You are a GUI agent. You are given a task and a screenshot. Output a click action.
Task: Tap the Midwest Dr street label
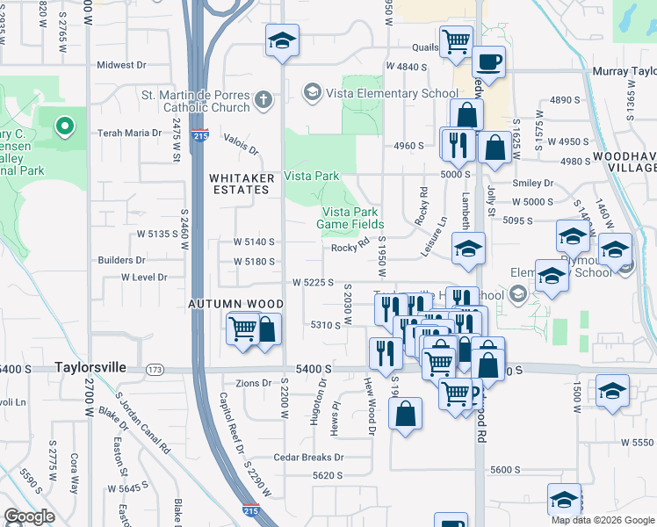[121, 65]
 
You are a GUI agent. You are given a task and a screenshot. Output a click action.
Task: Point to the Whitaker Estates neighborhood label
[242, 184]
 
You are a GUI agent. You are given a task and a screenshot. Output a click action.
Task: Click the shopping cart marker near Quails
[456, 40]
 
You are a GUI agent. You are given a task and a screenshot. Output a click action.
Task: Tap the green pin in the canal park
[63, 127]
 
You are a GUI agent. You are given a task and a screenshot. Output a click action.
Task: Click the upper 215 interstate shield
[199, 136]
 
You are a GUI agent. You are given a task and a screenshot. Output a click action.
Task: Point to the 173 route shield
[155, 369]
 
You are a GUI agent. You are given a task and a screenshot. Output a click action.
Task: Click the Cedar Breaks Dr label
[308, 458]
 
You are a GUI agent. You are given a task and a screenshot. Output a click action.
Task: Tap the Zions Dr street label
[255, 384]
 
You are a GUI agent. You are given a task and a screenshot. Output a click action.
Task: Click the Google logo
[30, 516]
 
